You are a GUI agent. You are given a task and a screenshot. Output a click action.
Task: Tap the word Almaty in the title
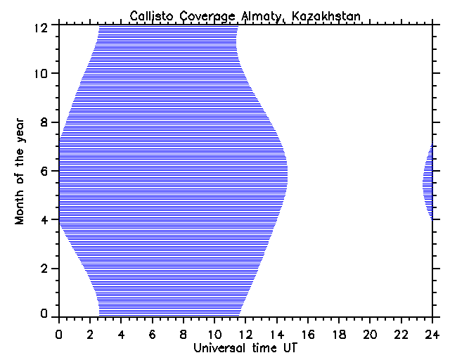click(249, 15)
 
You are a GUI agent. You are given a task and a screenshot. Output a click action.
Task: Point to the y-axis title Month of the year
click(20, 171)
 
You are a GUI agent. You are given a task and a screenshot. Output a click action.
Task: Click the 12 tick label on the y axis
click(42, 27)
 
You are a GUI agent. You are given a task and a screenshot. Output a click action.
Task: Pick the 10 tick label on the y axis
click(42, 74)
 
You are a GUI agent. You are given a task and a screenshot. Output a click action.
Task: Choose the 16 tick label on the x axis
click(308, 334)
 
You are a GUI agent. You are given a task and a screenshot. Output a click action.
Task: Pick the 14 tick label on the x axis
click(276, 334)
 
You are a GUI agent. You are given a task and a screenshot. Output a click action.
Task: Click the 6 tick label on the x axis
click(153, 334)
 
